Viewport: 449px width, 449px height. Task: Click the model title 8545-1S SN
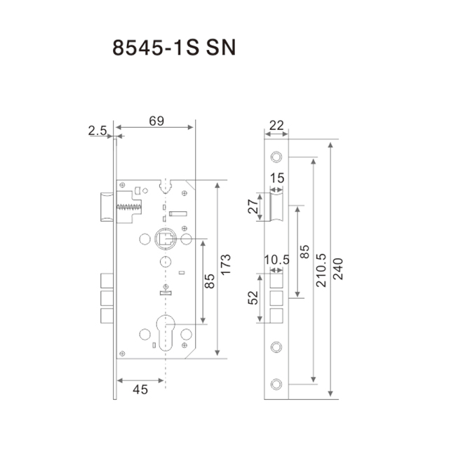174,47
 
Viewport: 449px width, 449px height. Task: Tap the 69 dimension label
156,121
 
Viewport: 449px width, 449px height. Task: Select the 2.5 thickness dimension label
98,130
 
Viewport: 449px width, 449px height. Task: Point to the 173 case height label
226,264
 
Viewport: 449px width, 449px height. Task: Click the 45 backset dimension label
140,390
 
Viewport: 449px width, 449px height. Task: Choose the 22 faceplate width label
276,126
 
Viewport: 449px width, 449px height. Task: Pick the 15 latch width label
277,178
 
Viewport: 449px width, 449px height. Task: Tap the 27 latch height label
253,206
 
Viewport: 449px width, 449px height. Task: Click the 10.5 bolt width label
276,260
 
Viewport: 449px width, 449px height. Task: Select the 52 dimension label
253,297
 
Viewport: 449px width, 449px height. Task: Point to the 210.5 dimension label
321,270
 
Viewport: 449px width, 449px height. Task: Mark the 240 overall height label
338,269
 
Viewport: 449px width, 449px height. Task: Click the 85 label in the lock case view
210,281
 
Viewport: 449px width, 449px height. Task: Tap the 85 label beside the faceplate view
304,252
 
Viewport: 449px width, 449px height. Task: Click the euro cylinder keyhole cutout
166,333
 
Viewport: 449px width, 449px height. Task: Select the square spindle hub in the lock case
166,239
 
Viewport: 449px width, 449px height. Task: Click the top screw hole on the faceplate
276,156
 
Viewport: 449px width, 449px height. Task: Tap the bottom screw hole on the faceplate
276,384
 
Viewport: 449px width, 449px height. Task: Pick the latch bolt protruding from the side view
107,207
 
